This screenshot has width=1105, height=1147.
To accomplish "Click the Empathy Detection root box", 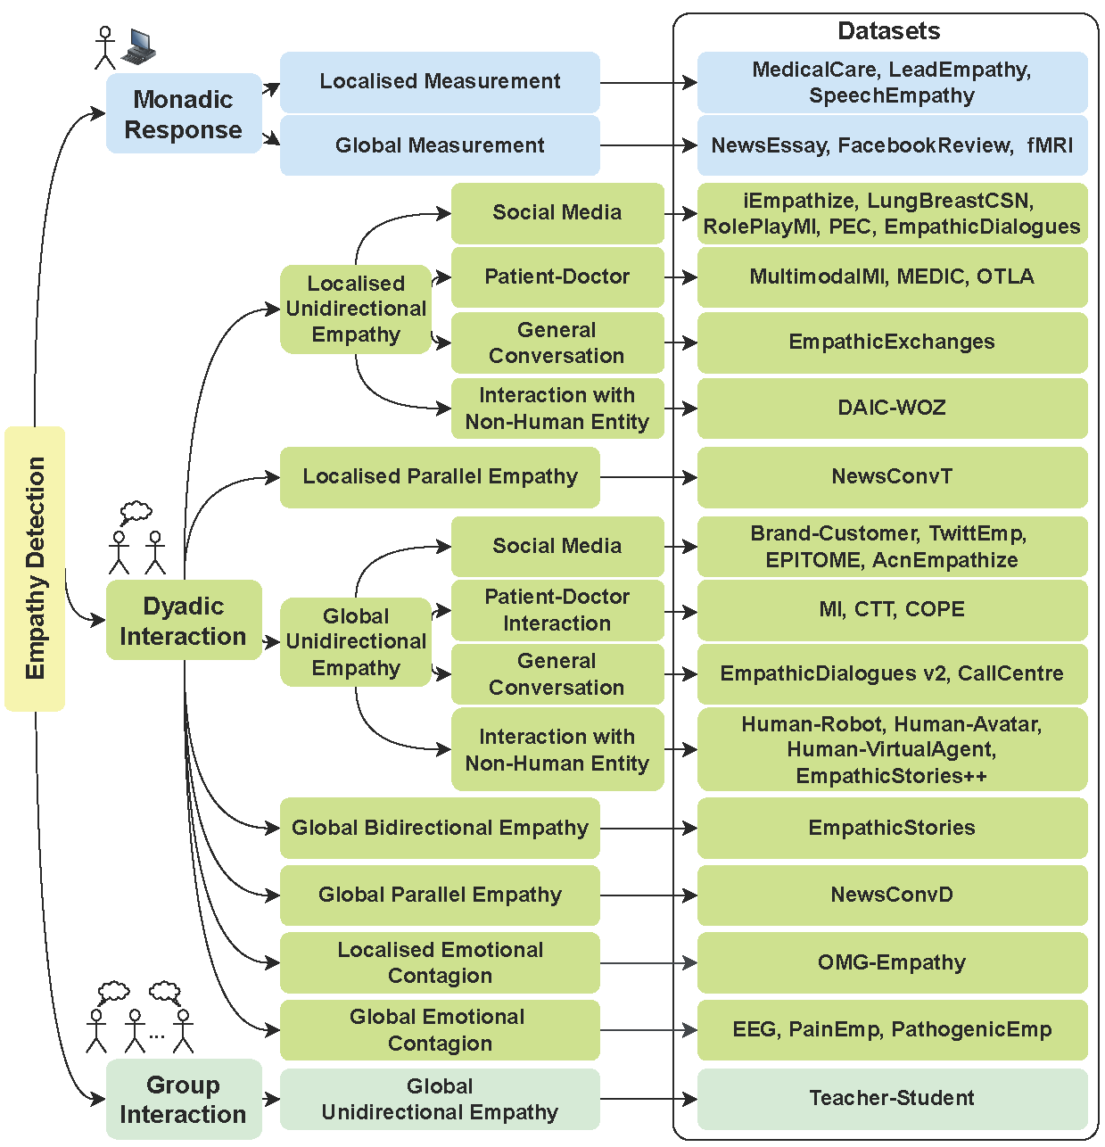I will coord(35,568).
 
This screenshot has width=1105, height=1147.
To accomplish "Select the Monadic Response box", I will coord(183,114).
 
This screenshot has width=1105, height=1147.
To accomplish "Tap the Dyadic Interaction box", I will coord(183,621).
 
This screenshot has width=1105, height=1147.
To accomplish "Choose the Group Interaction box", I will coord(183,1099).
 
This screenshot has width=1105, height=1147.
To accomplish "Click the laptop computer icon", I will coord(139,46).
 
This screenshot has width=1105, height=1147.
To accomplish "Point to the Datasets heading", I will coord(888,31).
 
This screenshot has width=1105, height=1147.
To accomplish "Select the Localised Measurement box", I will coord(440,82).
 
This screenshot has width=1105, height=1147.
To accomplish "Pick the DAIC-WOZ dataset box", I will coord(892,408).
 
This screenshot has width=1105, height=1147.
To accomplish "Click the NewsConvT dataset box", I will coord(892,477).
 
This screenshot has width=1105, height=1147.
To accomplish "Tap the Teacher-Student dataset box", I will coord(892,1099).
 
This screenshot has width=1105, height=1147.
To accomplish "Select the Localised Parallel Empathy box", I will coord(440,477).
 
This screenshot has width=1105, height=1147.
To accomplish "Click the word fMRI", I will coord(1050,145).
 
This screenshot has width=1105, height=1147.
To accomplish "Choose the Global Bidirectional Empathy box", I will coord(440,829).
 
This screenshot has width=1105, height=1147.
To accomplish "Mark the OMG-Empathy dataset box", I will coord(892,963).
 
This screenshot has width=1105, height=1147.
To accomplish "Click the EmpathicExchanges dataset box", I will coord(892,342).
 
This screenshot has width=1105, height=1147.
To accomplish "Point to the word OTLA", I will coord(1005,277).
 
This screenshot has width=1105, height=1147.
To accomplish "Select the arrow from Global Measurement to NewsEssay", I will coord(647,145).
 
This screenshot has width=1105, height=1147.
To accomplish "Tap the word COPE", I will coord(935,610).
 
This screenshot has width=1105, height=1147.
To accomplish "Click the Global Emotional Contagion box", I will coord(440,1030).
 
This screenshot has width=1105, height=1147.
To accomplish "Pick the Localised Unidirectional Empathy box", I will coord(356,309).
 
